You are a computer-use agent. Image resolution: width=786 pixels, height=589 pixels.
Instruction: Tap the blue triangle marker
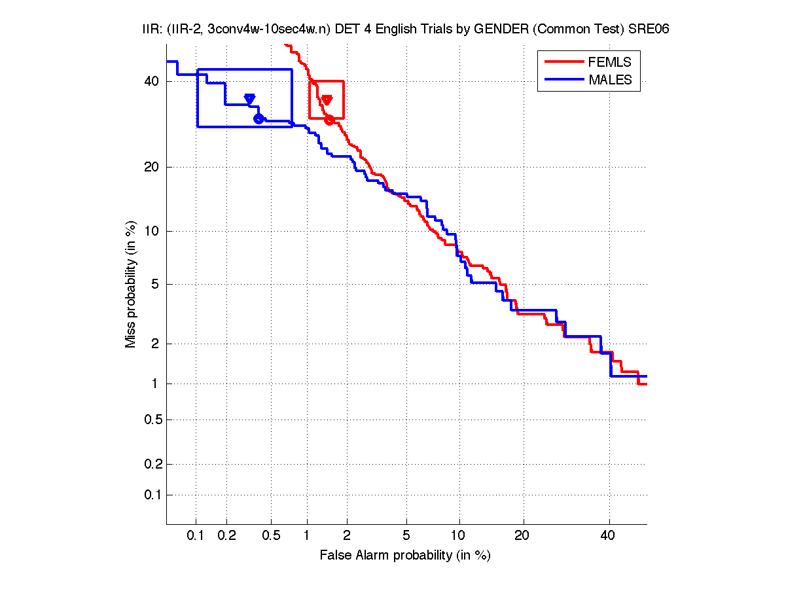coord(249,99)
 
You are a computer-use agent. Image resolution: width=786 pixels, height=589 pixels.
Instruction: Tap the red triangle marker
coord(327,100)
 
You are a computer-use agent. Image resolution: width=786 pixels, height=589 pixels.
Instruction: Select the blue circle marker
coord(259,118)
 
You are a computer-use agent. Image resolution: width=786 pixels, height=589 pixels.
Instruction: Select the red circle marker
coord(329,120)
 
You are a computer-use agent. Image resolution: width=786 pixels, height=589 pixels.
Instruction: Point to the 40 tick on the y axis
coord(151,81)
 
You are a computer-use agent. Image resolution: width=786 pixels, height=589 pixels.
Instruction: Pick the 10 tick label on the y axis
coord(151,231)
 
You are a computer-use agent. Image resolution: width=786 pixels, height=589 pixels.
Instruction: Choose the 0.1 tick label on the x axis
coord(196,536)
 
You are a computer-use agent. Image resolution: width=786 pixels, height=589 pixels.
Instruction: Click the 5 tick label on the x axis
coord(406,536)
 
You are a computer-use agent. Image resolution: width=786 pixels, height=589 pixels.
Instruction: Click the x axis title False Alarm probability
coord(405,556)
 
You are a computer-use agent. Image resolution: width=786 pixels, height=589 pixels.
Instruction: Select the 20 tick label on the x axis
coord(522,536)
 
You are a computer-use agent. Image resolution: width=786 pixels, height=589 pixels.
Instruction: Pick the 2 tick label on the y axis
coord(154,344)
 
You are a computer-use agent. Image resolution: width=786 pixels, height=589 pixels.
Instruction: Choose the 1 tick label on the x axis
coord(308,536)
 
